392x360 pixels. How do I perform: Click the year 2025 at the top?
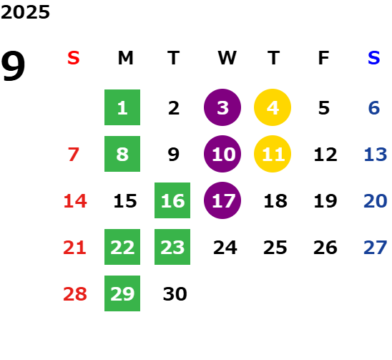(25, 12)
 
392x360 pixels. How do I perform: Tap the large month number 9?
(13, 66)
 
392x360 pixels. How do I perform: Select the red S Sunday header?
(74, 58)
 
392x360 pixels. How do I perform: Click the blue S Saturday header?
(373, 58)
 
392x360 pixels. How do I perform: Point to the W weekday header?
(227, 58)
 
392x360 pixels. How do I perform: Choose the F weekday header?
(324, 58)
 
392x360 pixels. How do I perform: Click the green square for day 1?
(122, 107)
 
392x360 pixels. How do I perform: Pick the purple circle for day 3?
(222, 107)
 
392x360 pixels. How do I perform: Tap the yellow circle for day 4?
(273, 107)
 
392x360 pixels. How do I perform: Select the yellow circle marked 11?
(273, 154)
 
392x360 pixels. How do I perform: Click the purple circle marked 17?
(222, 200)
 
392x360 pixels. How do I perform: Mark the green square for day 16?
(172, 200)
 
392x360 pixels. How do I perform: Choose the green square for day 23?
(172, 247)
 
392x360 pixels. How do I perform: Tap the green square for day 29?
(122, 293)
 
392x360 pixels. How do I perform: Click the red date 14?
(75, 201)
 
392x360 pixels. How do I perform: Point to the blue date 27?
(376, 248)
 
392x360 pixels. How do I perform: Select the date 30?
(175, 294)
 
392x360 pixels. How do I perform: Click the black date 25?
(275, 248)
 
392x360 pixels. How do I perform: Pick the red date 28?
(75, 294)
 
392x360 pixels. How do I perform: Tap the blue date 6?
(374, 108)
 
